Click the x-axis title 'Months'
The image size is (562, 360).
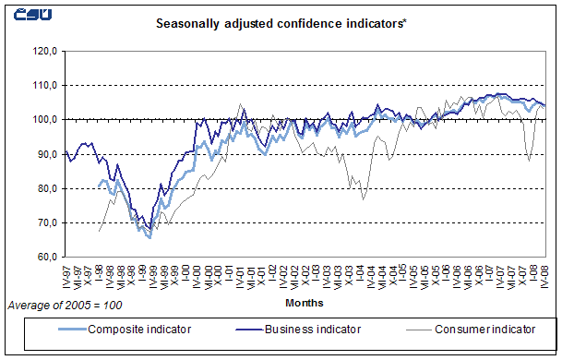[304, 302]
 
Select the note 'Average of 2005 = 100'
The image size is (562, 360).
[64, 305]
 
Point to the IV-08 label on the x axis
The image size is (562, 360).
[545, 276]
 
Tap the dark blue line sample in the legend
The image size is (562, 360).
[237, 328]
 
